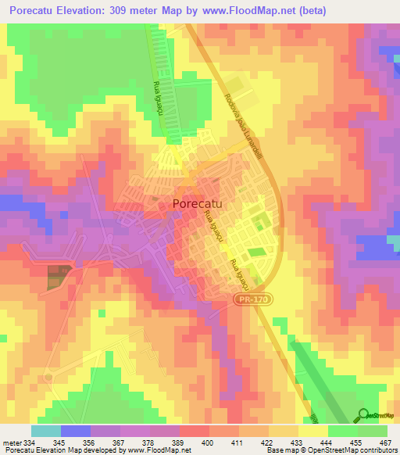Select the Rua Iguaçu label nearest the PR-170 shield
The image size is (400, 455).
click(x=232, y=270)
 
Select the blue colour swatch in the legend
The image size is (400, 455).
click(x=75, y=431)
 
